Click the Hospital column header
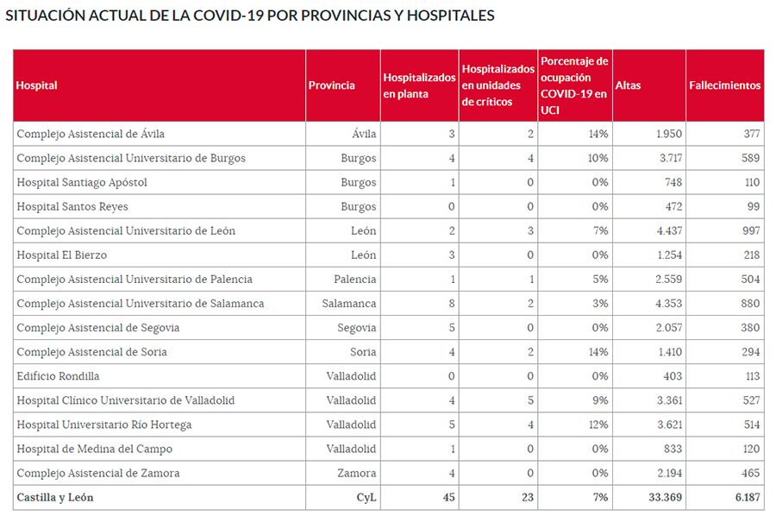tap(36, 85)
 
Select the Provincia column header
tap(331, 85)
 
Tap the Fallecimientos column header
tap(724, 85)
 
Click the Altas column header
tap(628, 85)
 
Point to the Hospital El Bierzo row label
tap(62, 255)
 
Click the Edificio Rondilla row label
tap(58, 376)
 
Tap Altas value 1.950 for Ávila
tap(668, 135)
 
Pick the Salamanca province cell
tap(349, 304)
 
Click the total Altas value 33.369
tap(664, 497)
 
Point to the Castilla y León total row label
tap(55, 497)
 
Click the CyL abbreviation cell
tap(366, 497)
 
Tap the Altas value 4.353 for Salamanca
tap(668, 304)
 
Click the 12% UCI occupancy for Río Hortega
tap(598, 425)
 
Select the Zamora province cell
tap(356, 473)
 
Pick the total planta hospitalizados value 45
tap(447, 497)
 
